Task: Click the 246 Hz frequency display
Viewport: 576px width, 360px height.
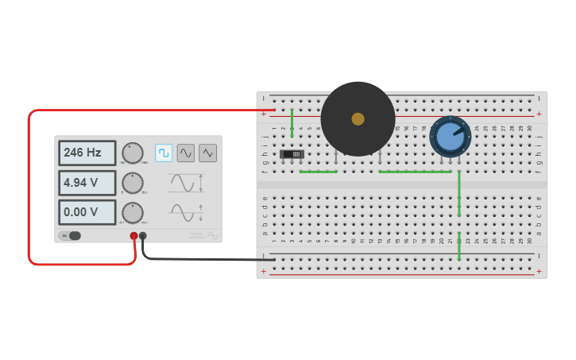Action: [87, 153]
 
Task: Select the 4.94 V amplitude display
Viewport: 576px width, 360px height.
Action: [87, 183]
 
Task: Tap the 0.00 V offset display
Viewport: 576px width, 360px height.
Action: [87, 212]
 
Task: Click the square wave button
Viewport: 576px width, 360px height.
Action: [164, 153]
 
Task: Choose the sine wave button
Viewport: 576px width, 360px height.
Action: [186, 153]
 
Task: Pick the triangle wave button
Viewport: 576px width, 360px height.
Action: [207, 153]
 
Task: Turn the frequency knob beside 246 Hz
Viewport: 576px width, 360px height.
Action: [133, 153]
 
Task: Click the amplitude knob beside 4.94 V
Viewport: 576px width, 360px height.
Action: [133, 183]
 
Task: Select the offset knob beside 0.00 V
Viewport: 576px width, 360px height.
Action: [133, 212]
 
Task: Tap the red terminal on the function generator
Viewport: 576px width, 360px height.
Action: [133, 236]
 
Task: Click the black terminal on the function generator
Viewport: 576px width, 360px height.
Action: [143, 236]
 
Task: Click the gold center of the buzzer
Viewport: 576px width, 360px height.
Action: [358, 118]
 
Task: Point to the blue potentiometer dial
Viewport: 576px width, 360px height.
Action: [450, 137]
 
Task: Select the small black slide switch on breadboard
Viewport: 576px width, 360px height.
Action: [292, 153]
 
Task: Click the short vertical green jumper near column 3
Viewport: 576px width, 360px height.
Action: [292, 122]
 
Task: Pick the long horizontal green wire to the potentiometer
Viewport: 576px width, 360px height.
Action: [415, 172]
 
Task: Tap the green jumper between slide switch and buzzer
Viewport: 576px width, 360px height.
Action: [318, 172]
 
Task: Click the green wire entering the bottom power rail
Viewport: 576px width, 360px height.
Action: [459, 246]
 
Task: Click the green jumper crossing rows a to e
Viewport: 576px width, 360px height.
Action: [459, 193]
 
